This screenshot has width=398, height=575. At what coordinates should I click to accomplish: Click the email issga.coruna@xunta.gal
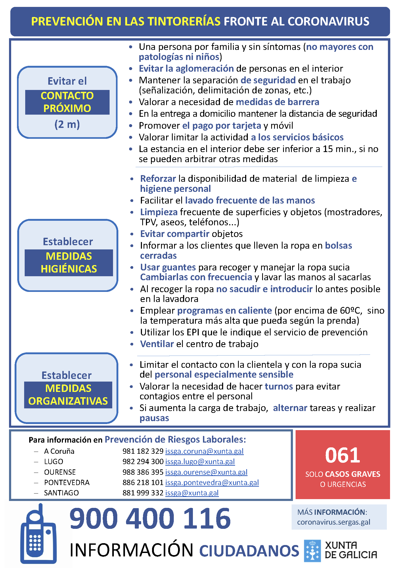pyautogui.click(x=204, y=451)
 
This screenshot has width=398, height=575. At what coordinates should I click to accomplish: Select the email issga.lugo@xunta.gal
pyautogui.click(x=200, y=461)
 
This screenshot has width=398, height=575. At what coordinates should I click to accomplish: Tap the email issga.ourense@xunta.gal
pyautogui.click(x=206, y=472)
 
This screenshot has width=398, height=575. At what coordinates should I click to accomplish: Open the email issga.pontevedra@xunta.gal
pyautogui.click(x=212, y=482)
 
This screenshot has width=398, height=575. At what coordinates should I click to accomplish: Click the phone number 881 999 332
pyautogui.click(x=143, y=493)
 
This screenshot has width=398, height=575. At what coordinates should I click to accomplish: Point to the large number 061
pyautogui.click(x=343, y=455)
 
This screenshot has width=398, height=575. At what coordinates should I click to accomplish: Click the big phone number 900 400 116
pyautogui.click(x=150, y=518)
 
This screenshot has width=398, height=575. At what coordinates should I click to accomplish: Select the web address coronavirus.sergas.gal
pyautogui.click(x=334, y=522)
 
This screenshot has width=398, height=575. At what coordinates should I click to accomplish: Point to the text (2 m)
pyautogui.click(x=67, y=124)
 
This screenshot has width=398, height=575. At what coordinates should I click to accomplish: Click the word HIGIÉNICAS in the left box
pyautogui.click(x=69, y=269)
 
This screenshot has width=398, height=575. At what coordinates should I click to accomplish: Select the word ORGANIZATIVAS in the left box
pyautogui.click(x=68, y=401)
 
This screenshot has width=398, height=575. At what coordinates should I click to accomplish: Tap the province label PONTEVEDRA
pyautogui.click(x=67, y=482)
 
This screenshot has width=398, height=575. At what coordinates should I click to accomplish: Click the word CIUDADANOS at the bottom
pyautogui.click(x=249, y=551)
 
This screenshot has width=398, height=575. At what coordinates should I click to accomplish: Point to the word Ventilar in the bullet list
pyautogui.click(x=157, y=344)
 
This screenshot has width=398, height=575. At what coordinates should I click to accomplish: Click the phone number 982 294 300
pyautogui.click(x=143, y=461)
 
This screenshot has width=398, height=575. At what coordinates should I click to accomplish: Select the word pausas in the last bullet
pyautogui.click(x=154, y=418)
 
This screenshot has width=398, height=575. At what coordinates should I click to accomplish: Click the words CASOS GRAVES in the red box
pyautogui.click(x=353, y=474)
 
